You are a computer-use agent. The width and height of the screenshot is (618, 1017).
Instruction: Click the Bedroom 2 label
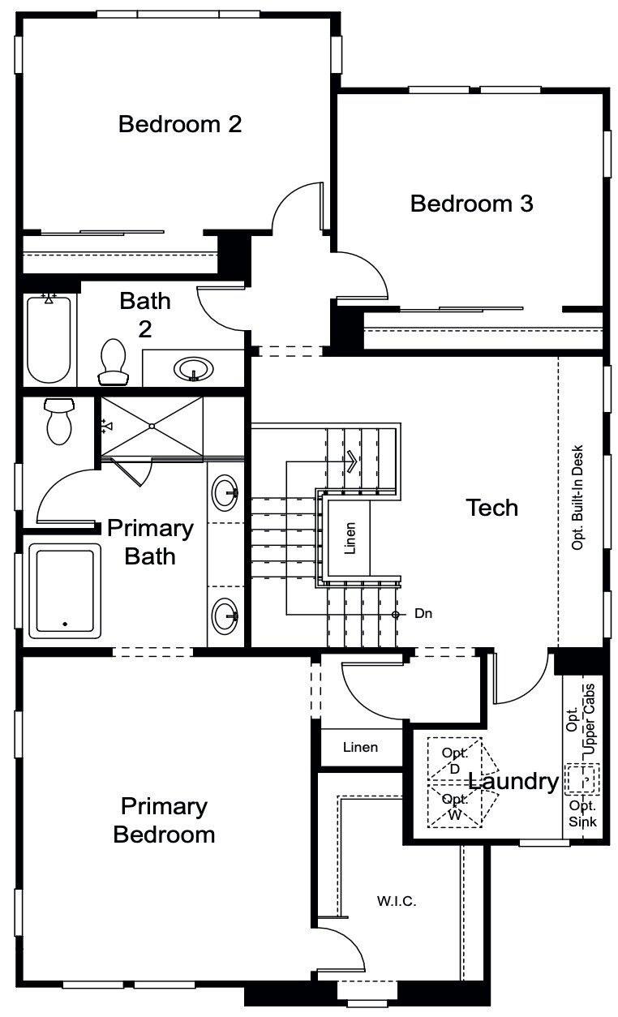click(180, 124)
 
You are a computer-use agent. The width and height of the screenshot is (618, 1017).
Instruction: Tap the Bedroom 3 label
click(471, 204)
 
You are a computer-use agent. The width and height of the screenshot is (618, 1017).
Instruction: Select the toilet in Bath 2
click(113, 361)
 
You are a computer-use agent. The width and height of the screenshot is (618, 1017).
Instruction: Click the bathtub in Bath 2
click(49, 339)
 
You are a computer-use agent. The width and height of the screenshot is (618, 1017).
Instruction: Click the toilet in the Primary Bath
click(58, 421)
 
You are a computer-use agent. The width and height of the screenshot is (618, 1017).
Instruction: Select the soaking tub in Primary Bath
click(65, 590)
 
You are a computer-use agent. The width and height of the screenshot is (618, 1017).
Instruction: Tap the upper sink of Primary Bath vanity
click(225, 492)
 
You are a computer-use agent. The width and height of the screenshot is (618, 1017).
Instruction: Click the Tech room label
click(491, 508)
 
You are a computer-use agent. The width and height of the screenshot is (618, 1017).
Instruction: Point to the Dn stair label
click(423, 614)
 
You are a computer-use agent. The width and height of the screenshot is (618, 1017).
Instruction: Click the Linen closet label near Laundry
click(360, 747)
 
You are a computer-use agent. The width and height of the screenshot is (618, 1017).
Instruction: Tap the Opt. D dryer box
click(454, 761)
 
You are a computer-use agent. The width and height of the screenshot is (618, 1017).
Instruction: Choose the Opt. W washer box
click(454, 806)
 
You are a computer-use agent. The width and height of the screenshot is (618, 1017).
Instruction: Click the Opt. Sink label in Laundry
click(582, 813)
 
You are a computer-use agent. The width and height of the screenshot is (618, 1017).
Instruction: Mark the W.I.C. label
click(396, 901)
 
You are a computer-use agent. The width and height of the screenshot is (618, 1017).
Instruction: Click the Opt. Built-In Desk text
click(578, 496)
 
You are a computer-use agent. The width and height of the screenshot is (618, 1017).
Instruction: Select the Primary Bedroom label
click(164, 820)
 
